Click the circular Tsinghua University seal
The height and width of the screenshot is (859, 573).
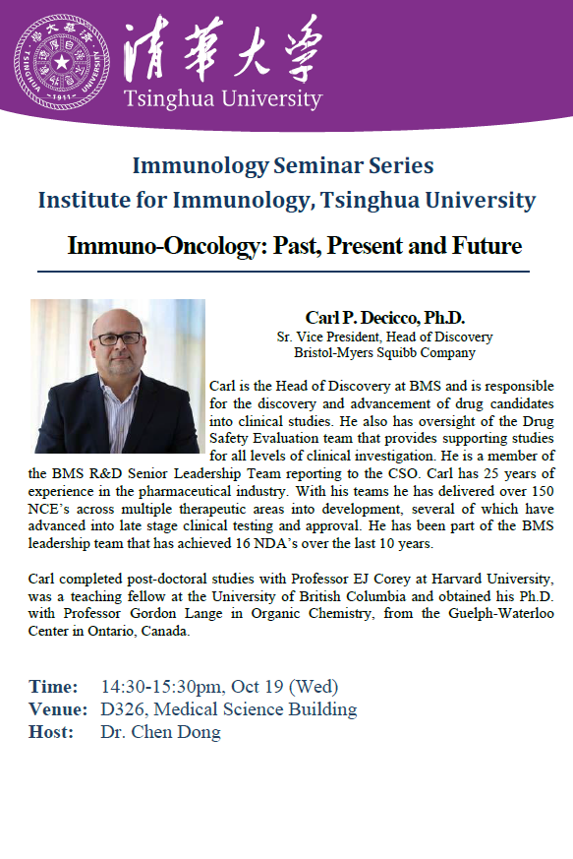62,62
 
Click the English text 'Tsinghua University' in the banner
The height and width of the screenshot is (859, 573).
223,98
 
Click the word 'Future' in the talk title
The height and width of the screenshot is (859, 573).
487,245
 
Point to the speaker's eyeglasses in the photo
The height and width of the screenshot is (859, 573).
118,338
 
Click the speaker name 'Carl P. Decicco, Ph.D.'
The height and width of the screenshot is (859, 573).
384,317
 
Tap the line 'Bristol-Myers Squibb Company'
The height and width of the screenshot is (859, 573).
384,352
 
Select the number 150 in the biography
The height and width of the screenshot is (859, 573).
543,491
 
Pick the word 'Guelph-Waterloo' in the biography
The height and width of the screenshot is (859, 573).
500,614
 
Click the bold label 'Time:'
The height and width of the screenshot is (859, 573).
53,687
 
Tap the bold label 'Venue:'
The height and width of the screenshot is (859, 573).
58,709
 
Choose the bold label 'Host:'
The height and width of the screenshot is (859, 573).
51,732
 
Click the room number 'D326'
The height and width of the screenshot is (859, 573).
123,709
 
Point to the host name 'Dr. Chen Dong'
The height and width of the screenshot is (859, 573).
161,732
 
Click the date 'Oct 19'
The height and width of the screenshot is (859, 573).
258,687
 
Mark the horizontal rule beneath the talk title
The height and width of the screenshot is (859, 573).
283,272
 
